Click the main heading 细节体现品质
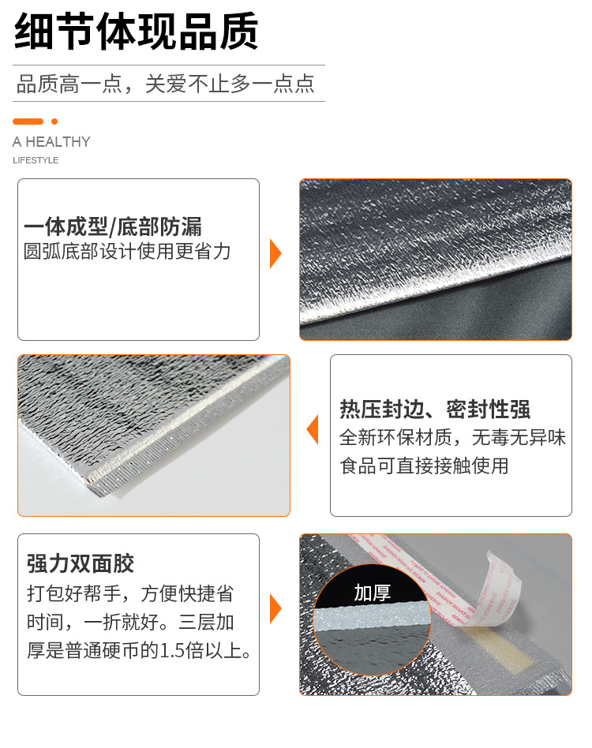coord(136,32)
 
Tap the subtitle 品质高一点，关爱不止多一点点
coord(165,84)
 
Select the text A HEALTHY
coord(51,142)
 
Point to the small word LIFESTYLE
coord(36,160)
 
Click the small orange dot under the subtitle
coord(54,122)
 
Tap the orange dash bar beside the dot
coord(28,122)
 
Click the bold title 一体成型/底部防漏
coord(113,228)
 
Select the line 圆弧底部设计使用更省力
coord(127,252)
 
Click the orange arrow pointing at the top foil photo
coord(275,254)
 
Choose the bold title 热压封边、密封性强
coord(434,410)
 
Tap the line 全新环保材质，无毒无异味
coord(452,437)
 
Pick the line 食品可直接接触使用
coord(424,466)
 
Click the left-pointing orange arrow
coord(313,429)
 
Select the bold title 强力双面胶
coord(81,563)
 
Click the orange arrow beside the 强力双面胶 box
coord(275,608)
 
